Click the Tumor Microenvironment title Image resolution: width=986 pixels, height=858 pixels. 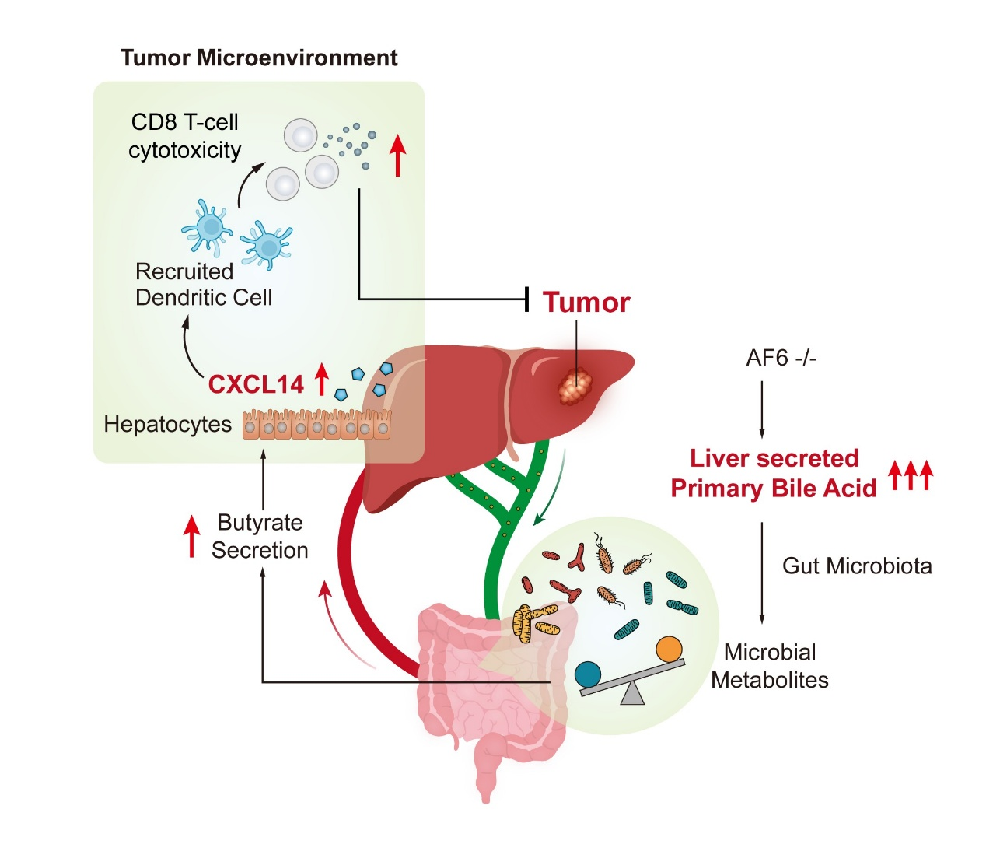pyautogui.click(x=259, y=58)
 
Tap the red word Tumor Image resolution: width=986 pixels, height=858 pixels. pyautogui.click(x=586, y=302)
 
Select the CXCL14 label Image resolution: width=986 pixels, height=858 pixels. pyautogui.click(x=256, y=384)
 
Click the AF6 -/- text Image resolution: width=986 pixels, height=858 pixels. pyautogui.click(x=781, y=358)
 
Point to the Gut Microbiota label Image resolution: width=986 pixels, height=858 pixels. pyautogui.click(x=857, y=566)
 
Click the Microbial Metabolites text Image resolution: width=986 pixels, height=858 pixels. pyautogui.click(x=770, y=666)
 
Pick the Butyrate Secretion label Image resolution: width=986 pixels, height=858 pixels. pyautogui.click(x=260, y=536)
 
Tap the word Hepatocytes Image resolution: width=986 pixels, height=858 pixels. pyautogui.click(x=168, y=424)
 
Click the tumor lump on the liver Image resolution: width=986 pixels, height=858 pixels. pyautogui.click(x=576, y=386)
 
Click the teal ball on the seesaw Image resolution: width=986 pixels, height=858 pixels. pyautogui.click(x=588, y=674)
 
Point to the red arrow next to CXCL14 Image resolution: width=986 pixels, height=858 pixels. pyautogui.click(x=321, y=378)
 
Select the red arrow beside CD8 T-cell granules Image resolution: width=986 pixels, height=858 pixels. pyautogui.click(x=397, y=155)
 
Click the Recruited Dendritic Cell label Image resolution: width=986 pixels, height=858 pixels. pyautogui.click(x=203, y=284)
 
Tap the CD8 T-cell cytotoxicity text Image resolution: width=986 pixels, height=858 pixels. pyautogui.click(x=185, y=136)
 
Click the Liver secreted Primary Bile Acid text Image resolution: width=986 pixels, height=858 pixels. pyautogui.click(x=774, y=473)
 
